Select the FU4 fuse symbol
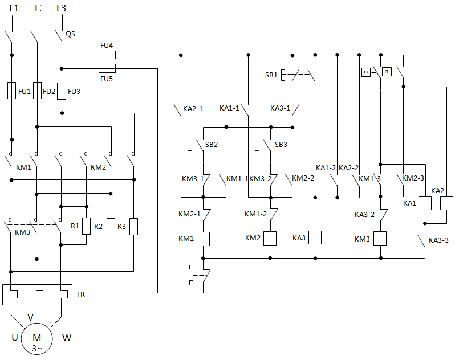(107, 55)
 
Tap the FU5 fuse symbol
(107, 68)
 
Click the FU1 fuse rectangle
(11, 91)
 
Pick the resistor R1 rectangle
(86, 226)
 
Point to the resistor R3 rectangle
(134, 226)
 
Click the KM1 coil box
(204, 238)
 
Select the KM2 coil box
(270, 238)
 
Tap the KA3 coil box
(315, 238)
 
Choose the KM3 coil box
(380, 238)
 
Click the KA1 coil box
(425, 203)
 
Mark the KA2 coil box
(446, 203)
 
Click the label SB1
(271, 75)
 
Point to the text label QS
(71, 34)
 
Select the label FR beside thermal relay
(81, 294)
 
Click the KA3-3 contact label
(438, 240)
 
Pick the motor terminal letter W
(67, 338)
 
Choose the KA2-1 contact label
(193, 108)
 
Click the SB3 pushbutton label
(281, 145)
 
